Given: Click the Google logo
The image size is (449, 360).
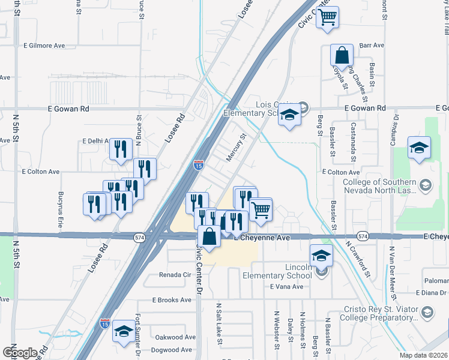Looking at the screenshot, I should click(x=20, y=352).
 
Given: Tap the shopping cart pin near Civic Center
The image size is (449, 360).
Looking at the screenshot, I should click(x=327, y=17).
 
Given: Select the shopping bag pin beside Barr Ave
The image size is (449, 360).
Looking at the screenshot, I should click(x=342, y=56).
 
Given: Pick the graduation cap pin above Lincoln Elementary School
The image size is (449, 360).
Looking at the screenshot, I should click(x=321, y=256).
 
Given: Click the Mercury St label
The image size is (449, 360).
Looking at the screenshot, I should click(x=237, y=148).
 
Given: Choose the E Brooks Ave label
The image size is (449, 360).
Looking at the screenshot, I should click(x=170, y=299).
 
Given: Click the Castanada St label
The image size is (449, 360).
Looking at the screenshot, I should click(x=354, y=142).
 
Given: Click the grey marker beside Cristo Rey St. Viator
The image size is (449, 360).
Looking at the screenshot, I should click(x=427, y=312).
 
